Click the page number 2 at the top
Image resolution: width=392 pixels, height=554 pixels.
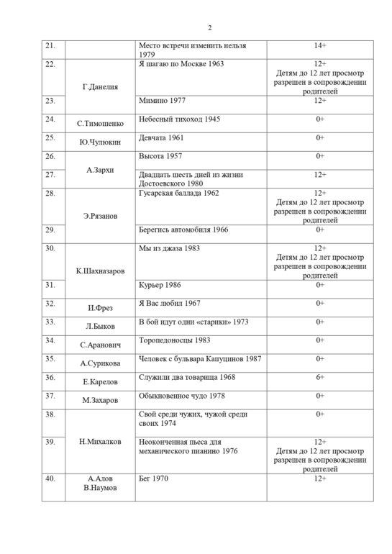[x=209, y=28]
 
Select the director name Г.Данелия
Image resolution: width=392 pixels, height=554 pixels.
[x=101, y=87]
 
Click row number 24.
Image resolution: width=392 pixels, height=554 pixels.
[x=50, y=119]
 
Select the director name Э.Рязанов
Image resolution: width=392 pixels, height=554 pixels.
[x=101, y=215]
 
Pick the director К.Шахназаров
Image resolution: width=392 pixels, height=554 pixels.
[x=101, y=271]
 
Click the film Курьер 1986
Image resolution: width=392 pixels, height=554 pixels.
[x=160, y=285]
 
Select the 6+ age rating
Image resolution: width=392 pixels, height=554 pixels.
[x=320, y=376]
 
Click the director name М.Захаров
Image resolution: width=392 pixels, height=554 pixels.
[x=101, y=400]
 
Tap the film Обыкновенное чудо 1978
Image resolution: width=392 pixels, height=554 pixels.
[x=181, y=395]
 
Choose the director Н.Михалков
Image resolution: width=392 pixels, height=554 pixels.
[x=101, y=441]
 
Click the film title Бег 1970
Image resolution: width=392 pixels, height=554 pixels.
[x=153, y=478]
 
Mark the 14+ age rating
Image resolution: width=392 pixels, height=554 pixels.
[x=320, y=46]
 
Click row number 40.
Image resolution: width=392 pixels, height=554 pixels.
[x=50, y=478]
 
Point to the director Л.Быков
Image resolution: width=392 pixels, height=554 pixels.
[x=101, y=326]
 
